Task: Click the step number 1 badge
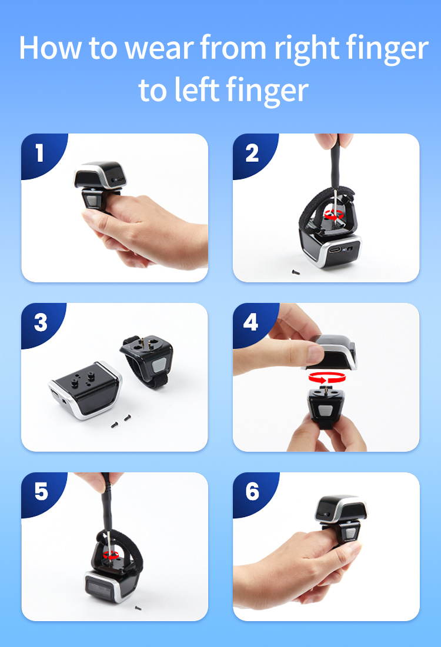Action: coord(39,153)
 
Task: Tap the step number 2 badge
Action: coord(252,153)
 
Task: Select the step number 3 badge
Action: coord(41,323)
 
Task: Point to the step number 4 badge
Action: coord(251,322)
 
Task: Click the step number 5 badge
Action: coord(41,492)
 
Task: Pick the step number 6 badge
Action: coord(252,492)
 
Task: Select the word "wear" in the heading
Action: coord(159,49)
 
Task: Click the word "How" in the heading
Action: coord(50,48)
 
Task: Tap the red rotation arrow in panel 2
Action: coord(334,215)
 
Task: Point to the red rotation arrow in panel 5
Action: coord(111,555)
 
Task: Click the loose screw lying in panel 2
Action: coord(295,272)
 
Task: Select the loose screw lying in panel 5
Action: coord(138,608)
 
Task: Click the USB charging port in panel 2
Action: coord(335,250)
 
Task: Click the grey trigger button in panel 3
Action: coord(159,365)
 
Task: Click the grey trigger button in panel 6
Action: coord(350,533)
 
